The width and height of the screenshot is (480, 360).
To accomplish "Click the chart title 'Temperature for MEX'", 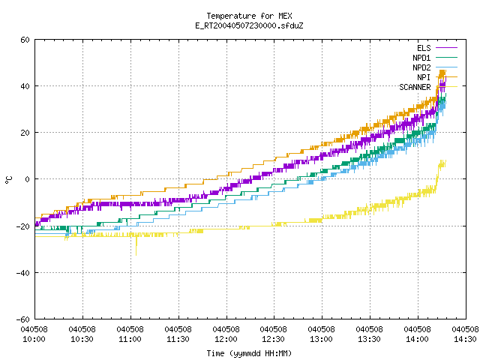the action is [249, 16].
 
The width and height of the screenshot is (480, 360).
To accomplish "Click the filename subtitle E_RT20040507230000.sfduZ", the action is [249, 25].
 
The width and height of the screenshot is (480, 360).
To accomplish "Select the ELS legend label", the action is [424, 48].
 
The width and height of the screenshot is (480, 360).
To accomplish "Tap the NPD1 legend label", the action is [421, 58].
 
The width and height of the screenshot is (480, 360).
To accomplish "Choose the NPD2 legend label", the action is [421, 67].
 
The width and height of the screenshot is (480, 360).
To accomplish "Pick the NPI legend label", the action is [424, 77].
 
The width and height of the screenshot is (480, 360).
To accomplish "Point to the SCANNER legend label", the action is [415, 87].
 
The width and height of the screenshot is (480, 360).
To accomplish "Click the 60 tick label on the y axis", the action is [25, 40].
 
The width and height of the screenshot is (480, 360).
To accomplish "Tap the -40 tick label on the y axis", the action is [23, 273].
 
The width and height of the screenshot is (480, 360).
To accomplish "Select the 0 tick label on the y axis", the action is [28, 179].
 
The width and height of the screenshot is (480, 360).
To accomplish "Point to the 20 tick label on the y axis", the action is [25, 133].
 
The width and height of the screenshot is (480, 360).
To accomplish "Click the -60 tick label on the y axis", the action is [23, 319].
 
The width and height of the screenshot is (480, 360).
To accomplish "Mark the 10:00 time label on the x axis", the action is [34, 339].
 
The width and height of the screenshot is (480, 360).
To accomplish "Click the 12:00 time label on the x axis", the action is [226, 339].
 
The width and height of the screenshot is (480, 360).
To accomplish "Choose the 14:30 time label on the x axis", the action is [465, 339].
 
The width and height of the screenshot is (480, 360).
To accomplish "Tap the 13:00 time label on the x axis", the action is [321, 339].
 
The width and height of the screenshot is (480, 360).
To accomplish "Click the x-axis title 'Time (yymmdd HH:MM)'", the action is [249, 353].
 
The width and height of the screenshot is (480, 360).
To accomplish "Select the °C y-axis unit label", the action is [9, 180].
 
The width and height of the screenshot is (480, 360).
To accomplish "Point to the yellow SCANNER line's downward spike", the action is [136, 247].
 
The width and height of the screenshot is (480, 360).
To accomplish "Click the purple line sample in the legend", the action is [447, 48].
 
